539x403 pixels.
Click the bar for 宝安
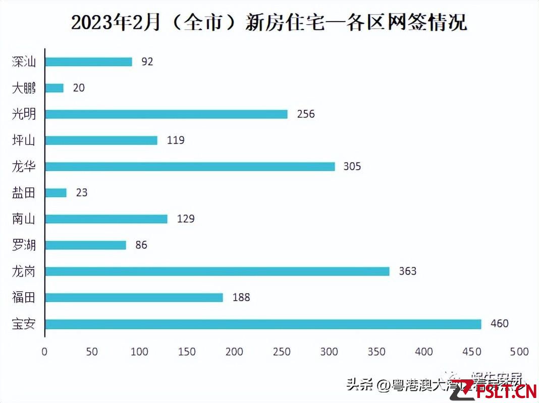263,324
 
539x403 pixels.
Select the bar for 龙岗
217,272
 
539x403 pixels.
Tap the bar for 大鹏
54,88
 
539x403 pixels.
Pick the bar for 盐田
56,193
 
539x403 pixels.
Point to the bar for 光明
166,114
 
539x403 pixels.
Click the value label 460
499,323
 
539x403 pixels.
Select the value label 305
352,166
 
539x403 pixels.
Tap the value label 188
241,297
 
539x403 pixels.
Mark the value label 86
141,245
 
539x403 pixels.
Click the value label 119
176,140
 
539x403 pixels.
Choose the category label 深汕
24,62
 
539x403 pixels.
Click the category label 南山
24,219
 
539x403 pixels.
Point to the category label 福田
24,298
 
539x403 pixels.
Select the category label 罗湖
24,245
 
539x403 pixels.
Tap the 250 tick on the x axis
282,352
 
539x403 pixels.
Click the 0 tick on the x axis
44,352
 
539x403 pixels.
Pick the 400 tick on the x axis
424,352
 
